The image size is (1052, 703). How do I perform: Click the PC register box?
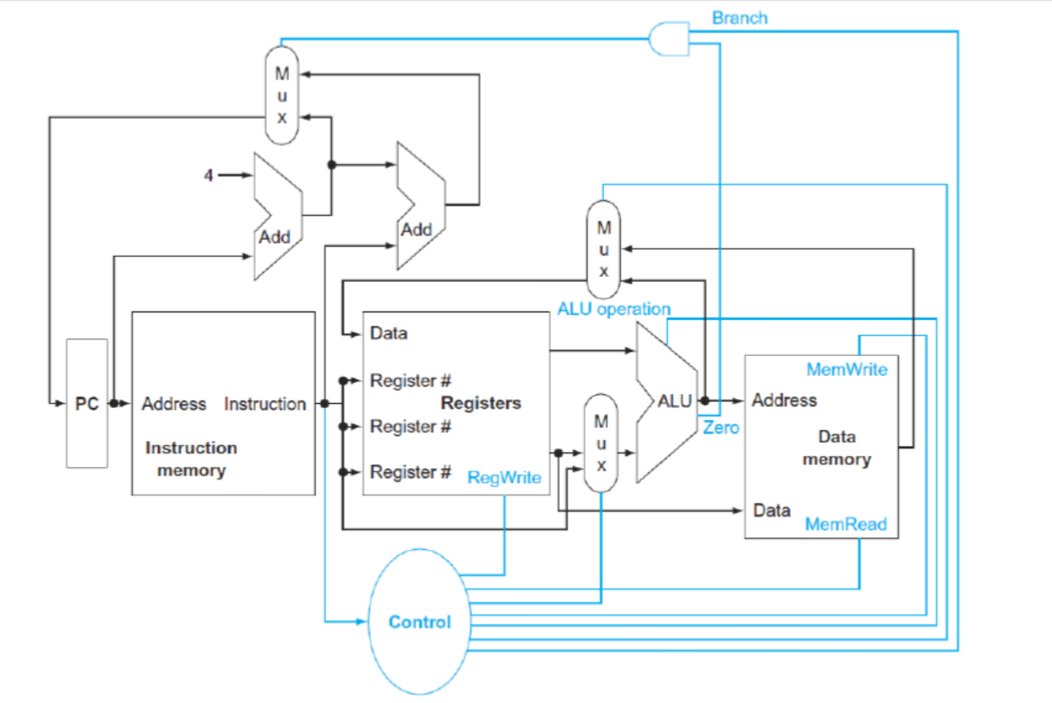point(86,404)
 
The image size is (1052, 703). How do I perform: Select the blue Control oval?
point(419,621)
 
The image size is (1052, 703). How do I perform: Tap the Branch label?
point(739,18)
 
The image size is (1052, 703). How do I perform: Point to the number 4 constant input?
point(209,176)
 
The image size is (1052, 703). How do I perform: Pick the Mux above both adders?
point(282,95)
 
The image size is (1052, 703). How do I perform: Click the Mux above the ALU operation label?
point(604,248)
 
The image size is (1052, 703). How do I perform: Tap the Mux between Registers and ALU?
point(601,443)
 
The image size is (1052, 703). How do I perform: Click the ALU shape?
point(667,402)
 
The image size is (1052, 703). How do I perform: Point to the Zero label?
point(721,428)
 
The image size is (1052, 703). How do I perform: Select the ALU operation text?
point(614,309)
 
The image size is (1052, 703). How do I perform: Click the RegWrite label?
point(504,477)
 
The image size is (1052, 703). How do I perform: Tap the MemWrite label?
point(847,369)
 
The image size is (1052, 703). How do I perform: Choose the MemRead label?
point(845,524)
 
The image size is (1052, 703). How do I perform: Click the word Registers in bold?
point(481,403)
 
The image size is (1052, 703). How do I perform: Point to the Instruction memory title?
point(191,459)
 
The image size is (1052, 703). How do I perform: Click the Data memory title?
point(837,448)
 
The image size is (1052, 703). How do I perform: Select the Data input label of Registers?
point(389,334)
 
